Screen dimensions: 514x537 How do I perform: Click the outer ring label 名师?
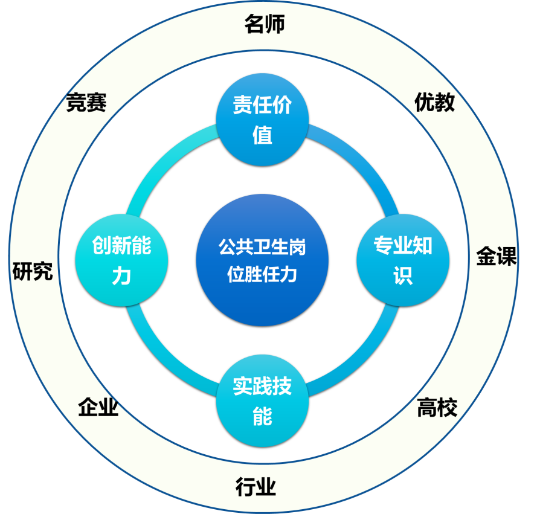[x=264, y=25]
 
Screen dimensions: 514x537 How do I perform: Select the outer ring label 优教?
[x=434, y=103]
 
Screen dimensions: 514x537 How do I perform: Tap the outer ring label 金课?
[x=497, y=257]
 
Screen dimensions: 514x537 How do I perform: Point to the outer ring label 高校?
[x=437, y=408]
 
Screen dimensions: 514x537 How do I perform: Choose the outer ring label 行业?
[x=256, y=486]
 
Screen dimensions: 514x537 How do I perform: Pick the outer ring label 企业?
[x=98, y=408]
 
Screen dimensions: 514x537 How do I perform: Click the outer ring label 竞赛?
[x=86, y=103]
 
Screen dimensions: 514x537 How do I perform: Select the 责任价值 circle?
[x=262, y=120]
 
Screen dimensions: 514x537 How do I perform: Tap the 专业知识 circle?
[x=402, y=260]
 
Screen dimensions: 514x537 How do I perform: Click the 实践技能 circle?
[x=262, y=400]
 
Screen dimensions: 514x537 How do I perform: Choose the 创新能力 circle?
[x=121, y=260]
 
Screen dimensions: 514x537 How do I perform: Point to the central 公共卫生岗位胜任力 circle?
[x=262, y=260]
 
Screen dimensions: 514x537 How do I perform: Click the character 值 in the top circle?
[x=262, y=135]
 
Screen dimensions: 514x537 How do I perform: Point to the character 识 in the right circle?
[x=402, y=275]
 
